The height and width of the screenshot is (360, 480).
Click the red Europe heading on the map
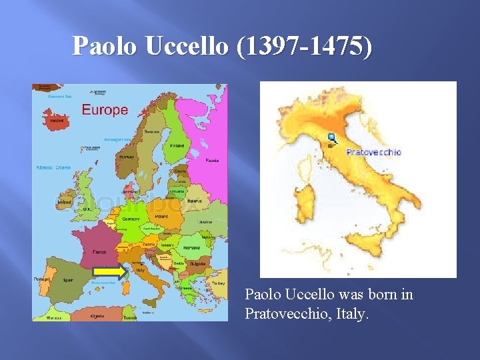105,109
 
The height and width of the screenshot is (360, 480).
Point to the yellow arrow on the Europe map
109,271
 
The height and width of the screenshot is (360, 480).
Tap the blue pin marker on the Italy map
332,138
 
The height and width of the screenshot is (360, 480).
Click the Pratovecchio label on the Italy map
373,152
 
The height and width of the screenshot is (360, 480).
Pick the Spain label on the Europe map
67,281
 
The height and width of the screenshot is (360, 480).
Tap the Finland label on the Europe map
177,146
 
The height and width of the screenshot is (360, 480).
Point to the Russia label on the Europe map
212,161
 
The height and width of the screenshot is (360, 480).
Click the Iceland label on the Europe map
56,121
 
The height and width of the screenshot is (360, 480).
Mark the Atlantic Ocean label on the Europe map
53,167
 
